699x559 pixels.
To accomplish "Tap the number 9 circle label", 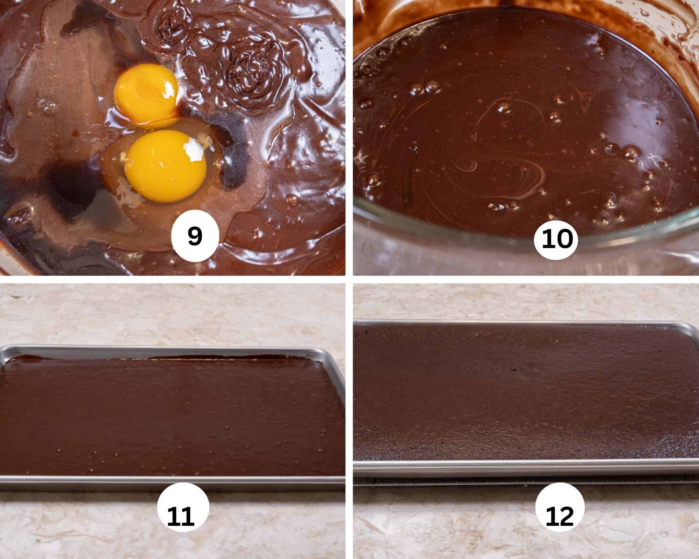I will click(195, 236).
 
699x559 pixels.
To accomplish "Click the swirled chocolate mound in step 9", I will click(245, 66).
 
